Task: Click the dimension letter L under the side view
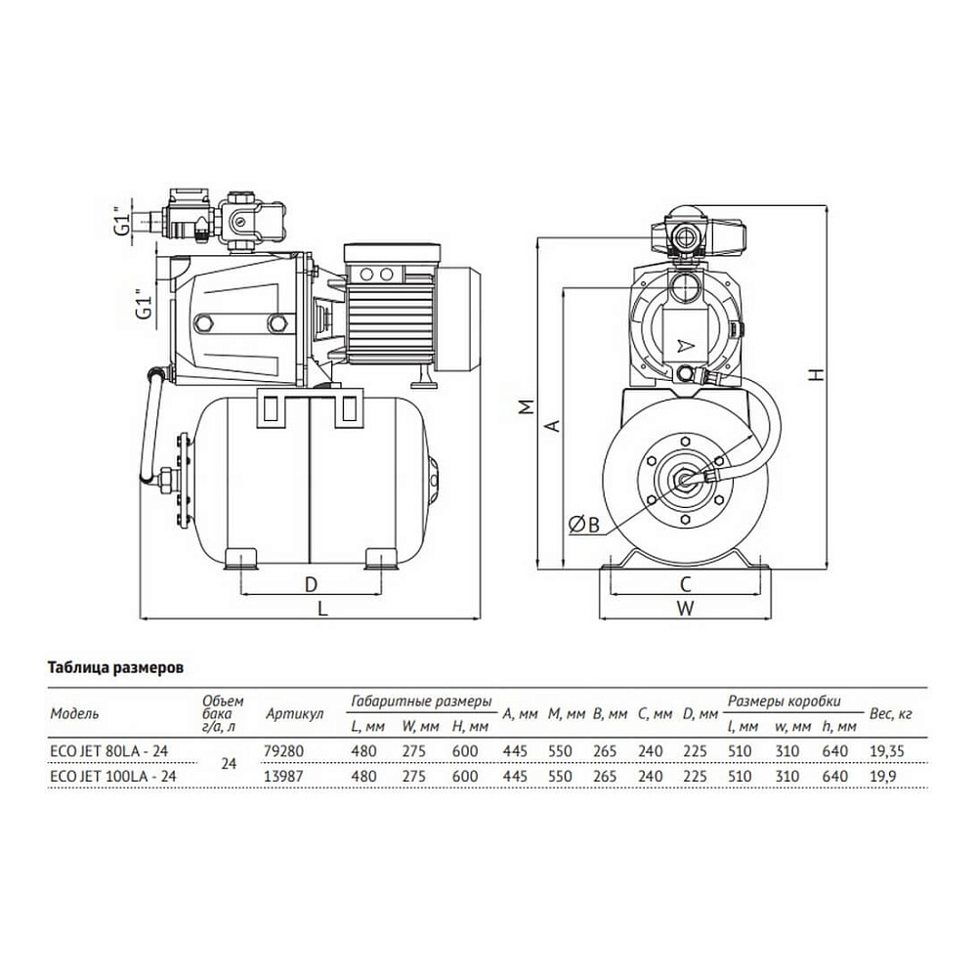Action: tap(322, 607)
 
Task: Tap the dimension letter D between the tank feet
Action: tap(311, 584)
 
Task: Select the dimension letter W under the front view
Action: tap(686, 608)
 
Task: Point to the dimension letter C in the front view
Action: tap(686, 584)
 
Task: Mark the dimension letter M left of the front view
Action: tap(528, 406)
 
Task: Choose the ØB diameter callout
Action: tap(584, 526)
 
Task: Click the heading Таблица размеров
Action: tap(116, 668)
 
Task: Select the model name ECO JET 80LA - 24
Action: tap(109, 750)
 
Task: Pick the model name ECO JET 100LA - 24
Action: tap(112, 776)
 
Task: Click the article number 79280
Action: tap(284, 750)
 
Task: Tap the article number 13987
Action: tap(284, 776)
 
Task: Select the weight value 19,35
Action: tap(887, 751)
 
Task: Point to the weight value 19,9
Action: tap(882, 777)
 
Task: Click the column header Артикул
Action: tap(295, 714)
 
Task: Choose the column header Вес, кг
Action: tap(890, 714)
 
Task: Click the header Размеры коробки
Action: tap(784, 701)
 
